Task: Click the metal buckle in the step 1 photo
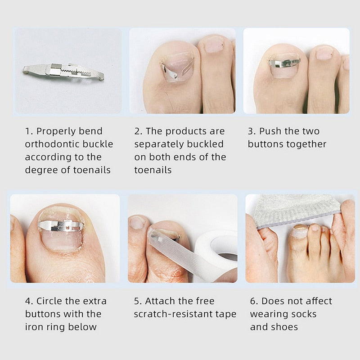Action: [x=63, y=71]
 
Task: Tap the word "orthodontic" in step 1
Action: [x=49, y=144]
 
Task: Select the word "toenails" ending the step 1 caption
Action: [x=92, y=170]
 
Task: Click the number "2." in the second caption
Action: [x=139, y=131]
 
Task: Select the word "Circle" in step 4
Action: [x=51, y=301]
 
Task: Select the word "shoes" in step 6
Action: [x=285, y=327]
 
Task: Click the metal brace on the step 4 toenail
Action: [x=61, y=225]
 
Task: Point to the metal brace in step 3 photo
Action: [x=284, y=63]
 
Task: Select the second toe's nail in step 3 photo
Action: [x=324, y=53]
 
